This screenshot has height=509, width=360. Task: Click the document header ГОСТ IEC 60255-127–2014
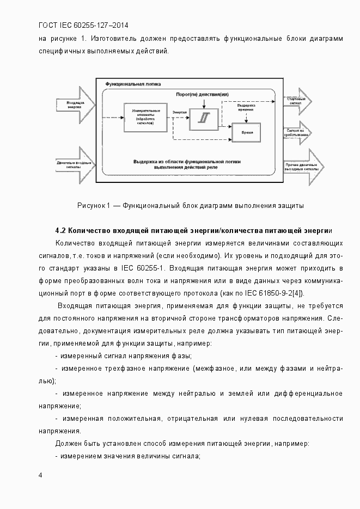(x=83, y=25)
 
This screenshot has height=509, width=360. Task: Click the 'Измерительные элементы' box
(x=145, y=117)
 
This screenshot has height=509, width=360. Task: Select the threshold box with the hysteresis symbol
(x=203, y=119)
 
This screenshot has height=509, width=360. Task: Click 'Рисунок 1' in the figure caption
(x=94, y=205)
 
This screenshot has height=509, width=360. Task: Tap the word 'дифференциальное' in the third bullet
(x=309, y=393)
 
